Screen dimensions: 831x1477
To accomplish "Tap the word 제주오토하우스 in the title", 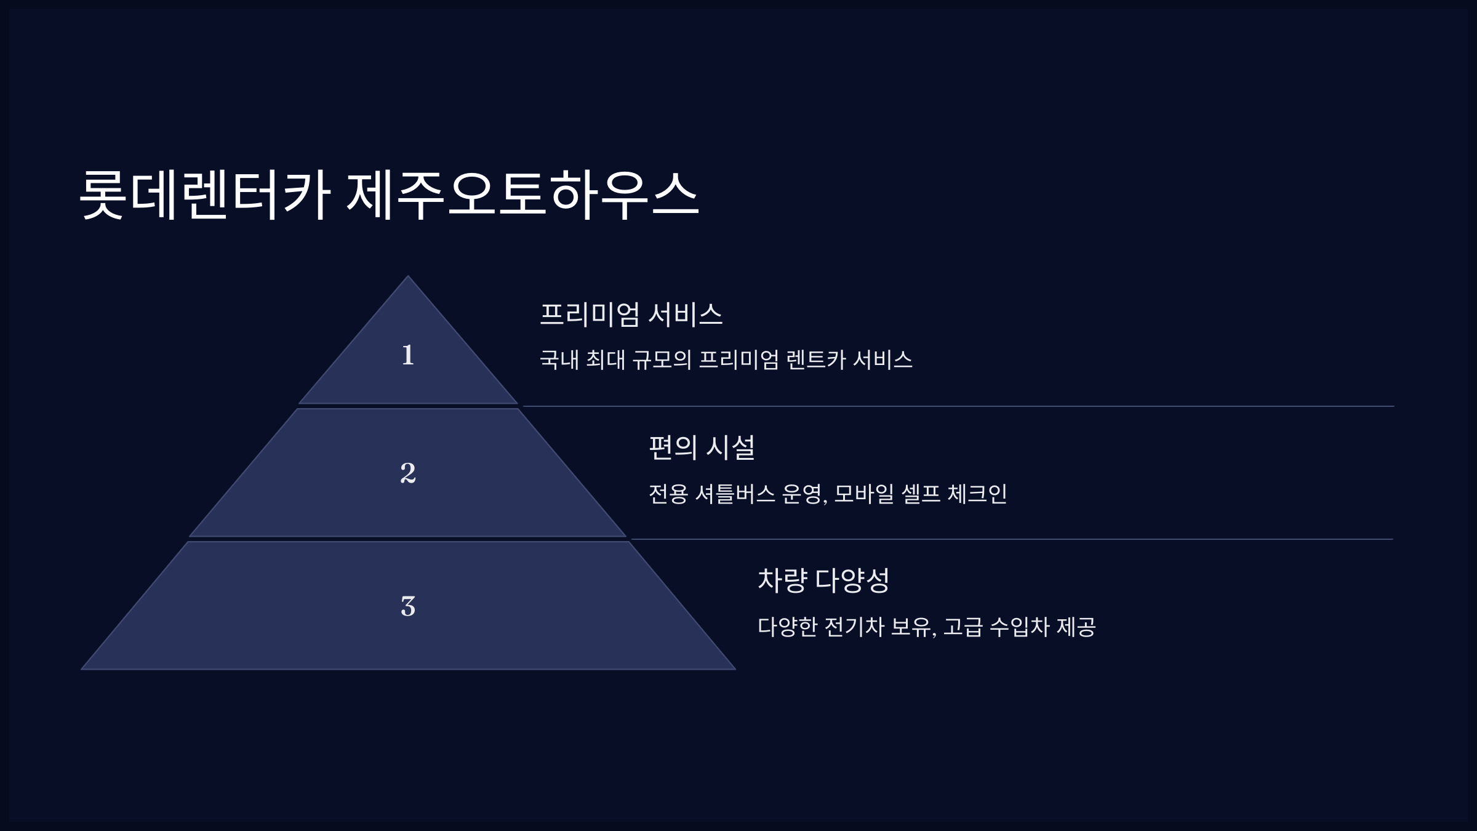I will [x=523, y=196].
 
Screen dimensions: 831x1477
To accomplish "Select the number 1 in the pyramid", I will [x=407, y=355].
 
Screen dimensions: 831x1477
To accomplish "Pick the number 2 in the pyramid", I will [x=407, y=473].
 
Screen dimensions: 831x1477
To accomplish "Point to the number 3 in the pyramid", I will [x=407, y=606].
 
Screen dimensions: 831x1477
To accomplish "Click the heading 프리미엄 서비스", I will [x=631, y=314].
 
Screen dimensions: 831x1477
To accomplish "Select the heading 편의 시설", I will [x=702, y=447].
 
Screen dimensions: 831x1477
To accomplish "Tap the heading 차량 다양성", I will [x=823, y=580].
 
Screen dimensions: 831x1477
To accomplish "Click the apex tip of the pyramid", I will [x=407, y=278].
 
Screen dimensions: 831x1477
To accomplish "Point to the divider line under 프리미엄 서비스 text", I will [x=954, y=406].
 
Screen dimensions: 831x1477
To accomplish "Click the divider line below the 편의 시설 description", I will [x=1009, y=539].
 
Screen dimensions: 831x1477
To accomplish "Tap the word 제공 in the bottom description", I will [x=1076, y=627].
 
